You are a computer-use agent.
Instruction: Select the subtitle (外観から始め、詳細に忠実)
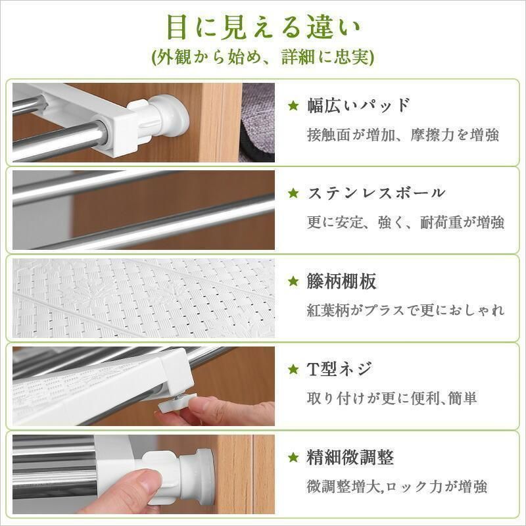point(263,58)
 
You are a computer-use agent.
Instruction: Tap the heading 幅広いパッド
point(359,105)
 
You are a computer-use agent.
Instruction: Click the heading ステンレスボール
point(376,193)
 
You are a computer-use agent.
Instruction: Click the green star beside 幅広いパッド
point(293,106)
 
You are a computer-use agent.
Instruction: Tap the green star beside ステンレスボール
point(293,194)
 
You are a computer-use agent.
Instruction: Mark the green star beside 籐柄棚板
point(293,282)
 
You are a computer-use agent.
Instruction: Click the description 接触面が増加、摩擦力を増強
point(402,135)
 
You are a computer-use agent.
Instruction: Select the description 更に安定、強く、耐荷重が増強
point(405,222)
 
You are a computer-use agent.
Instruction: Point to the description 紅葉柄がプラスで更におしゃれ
point(405,310)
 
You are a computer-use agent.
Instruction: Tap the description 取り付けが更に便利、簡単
point(392,398)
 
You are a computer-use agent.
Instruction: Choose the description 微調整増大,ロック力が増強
point(397,487)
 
